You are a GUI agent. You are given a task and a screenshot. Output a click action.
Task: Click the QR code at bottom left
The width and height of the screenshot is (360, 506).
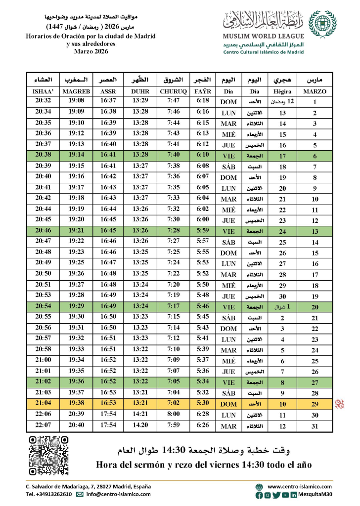[48, 456]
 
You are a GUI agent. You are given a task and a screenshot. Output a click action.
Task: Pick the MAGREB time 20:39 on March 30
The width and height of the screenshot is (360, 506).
[77, 414]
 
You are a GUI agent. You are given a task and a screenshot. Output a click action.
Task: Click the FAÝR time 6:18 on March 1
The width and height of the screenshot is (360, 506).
[203, 101]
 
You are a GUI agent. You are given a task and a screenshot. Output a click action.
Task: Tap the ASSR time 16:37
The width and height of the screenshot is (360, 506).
[108, 101]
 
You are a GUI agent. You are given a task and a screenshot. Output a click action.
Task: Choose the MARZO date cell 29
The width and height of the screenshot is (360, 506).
[315, 404]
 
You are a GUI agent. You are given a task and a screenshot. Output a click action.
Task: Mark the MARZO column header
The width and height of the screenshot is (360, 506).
[315, 91]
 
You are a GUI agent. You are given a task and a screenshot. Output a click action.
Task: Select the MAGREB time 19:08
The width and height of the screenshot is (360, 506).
[77, 101]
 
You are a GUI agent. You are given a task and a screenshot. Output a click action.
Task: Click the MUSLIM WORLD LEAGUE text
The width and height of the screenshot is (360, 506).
[263, 38]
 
